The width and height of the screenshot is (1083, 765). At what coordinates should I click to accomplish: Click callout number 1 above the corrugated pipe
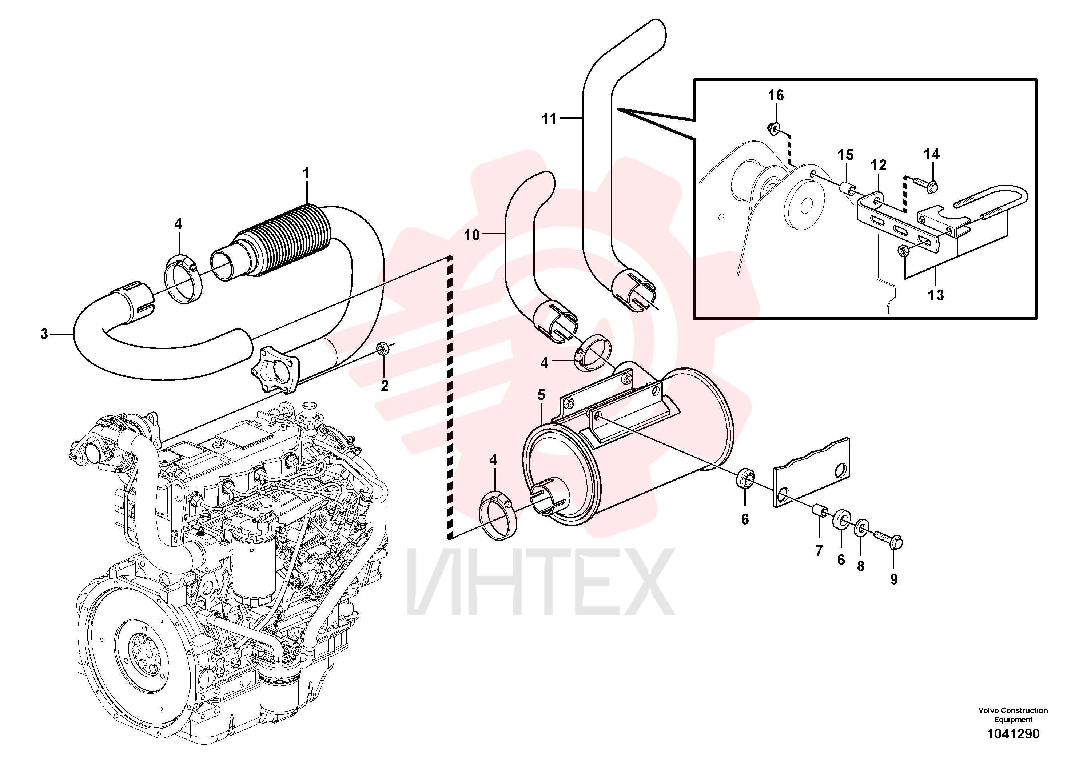(x=306, y=174)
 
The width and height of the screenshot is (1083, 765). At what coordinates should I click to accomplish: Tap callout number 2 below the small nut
(x=385, y=386)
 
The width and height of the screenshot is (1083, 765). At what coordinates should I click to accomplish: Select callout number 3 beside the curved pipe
(x=44, y=334)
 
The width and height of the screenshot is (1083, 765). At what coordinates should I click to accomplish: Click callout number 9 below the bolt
(x=894, y=579)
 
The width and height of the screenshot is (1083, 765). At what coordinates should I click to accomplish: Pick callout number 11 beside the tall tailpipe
(x=549, y=119)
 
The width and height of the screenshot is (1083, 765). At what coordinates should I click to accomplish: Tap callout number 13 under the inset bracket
(x=936, y=295)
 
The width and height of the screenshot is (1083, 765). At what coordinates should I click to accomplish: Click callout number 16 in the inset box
(x=776, y=96)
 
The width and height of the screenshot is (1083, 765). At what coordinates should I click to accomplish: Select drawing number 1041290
(x=1013, y=734)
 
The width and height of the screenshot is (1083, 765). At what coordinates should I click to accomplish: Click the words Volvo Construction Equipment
(x=1013, y=715)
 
